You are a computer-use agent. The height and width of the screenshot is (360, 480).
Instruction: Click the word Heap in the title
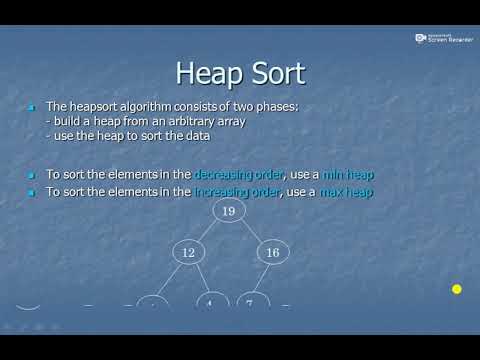[x=206, y=73]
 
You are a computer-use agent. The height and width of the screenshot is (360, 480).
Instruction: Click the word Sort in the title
[x=272, y=73]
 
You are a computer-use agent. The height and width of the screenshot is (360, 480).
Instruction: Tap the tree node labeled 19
[x=228, y=210]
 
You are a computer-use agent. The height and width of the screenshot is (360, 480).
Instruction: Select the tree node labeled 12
[x=188, y=254]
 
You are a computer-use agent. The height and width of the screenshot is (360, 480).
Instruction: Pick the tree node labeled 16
[x=272, y=254]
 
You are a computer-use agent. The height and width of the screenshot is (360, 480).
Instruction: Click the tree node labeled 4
[x=212, y=302]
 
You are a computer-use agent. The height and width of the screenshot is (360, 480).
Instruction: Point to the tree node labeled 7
[x=250, y=302]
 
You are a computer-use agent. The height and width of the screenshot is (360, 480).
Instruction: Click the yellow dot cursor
[x=456, y=290]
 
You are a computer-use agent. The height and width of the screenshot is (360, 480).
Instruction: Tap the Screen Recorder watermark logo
[x=421, y=38]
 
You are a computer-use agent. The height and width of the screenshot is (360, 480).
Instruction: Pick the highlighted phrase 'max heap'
[x=346, y=191]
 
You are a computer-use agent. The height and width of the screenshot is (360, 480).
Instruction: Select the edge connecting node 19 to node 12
[x=208, y=232]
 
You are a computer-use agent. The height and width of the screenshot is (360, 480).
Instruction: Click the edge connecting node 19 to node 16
[x=250, y=232]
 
